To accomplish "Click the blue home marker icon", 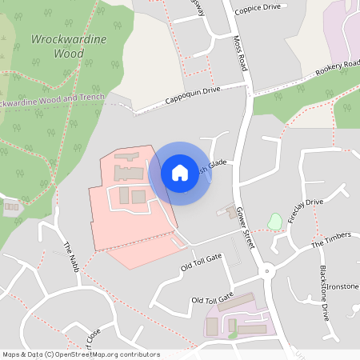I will (180, 172).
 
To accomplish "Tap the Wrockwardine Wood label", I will (57, 46).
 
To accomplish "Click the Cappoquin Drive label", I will (192, 95).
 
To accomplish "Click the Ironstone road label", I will (342, 286).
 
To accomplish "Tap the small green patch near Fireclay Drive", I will (275, 220).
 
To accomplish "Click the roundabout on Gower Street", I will (266, 270).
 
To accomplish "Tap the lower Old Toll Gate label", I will (212, 299).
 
